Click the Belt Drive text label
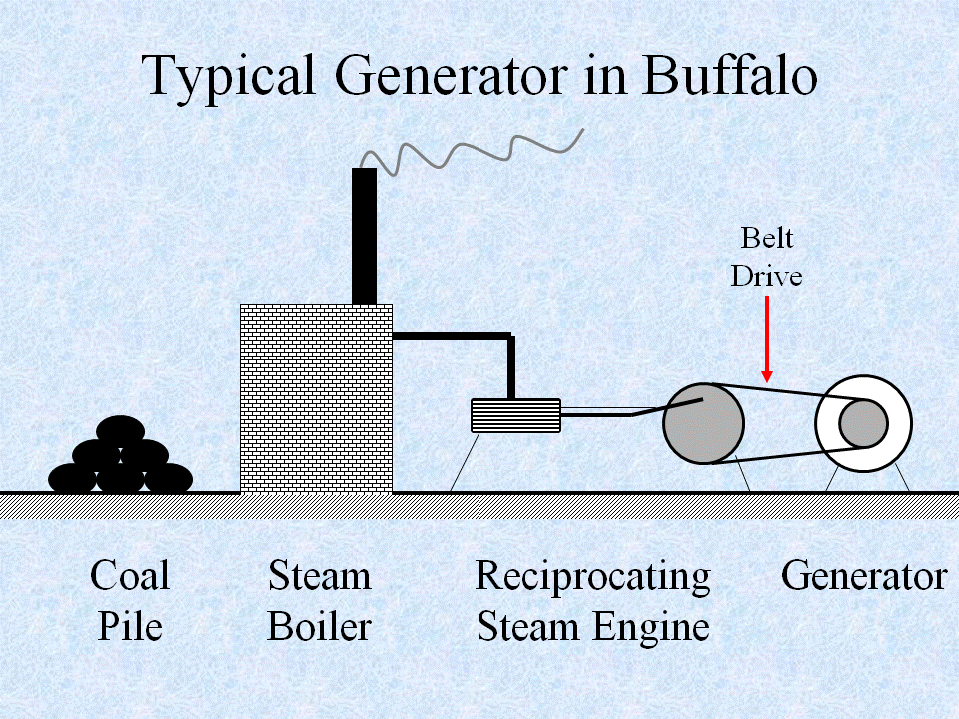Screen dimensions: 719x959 pos(766,256)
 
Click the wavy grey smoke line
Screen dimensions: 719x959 pos(470,153)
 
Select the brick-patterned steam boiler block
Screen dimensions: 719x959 pos(316,397)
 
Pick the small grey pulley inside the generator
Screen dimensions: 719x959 pos(862,424)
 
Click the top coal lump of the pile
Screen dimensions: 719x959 pos(121,431)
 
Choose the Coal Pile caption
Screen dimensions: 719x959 pos(130,601)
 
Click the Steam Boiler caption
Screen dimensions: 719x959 pos(319,601)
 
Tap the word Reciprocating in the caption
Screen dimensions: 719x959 pos(592,576)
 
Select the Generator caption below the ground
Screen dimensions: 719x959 pos(864,576)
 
